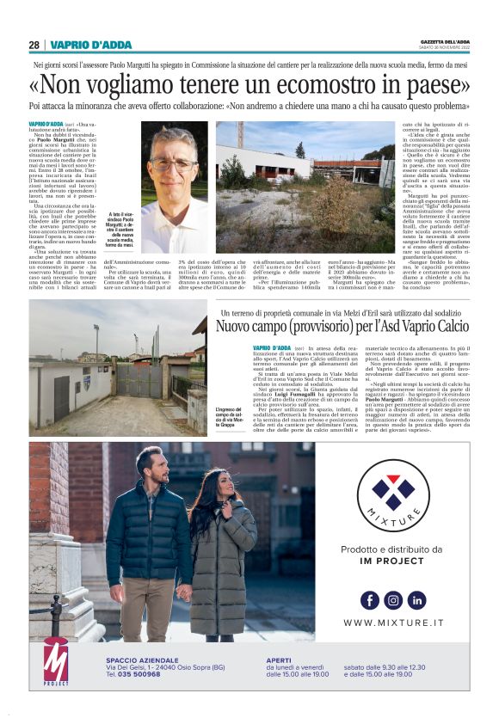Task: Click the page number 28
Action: point(34,45)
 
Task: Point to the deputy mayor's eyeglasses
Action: point(173,163)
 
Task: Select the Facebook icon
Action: point(369,600)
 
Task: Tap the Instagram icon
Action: point(393,600)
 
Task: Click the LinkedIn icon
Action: point(417,600)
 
